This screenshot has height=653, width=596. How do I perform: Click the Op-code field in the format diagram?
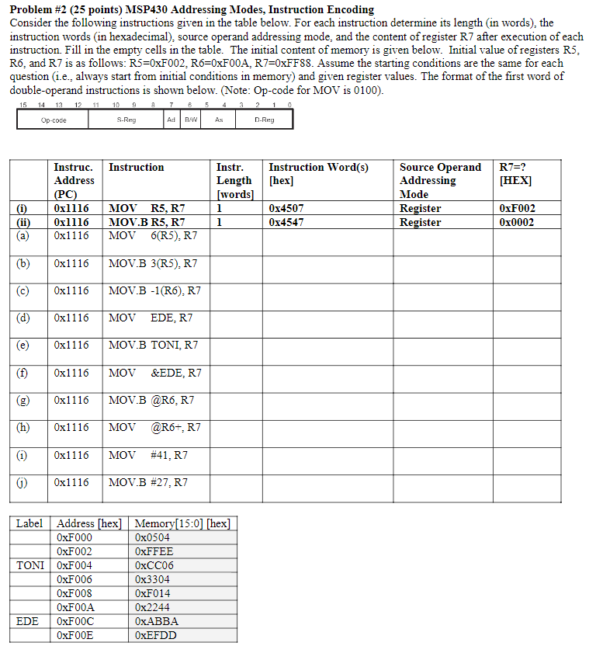click(54, 120)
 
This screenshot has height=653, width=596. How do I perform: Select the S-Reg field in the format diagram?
click(126, 120)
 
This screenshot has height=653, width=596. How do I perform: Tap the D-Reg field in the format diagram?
click(264, 120)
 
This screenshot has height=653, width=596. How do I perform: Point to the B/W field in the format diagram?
click(191, 120)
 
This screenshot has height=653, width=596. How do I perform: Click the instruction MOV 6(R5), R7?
click(153, 235)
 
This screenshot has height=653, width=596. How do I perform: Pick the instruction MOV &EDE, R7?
click(155, 373)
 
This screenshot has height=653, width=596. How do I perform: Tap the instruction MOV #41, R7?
click(148, 455)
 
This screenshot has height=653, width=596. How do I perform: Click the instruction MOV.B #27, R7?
click(148, 482)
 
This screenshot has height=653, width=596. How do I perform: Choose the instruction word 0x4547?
click(286, 222)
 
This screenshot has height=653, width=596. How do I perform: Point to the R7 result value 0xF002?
click(518, 208)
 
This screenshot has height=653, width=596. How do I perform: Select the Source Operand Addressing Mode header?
click(440, 181)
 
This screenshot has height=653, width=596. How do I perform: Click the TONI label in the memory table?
click(30, 565)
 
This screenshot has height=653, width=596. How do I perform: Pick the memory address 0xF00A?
click(75, 607)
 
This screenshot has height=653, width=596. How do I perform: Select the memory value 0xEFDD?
click(155, 635)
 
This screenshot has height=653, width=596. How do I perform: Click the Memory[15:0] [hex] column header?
click(182, 523)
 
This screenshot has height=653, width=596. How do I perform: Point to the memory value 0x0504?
click(152, 537)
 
